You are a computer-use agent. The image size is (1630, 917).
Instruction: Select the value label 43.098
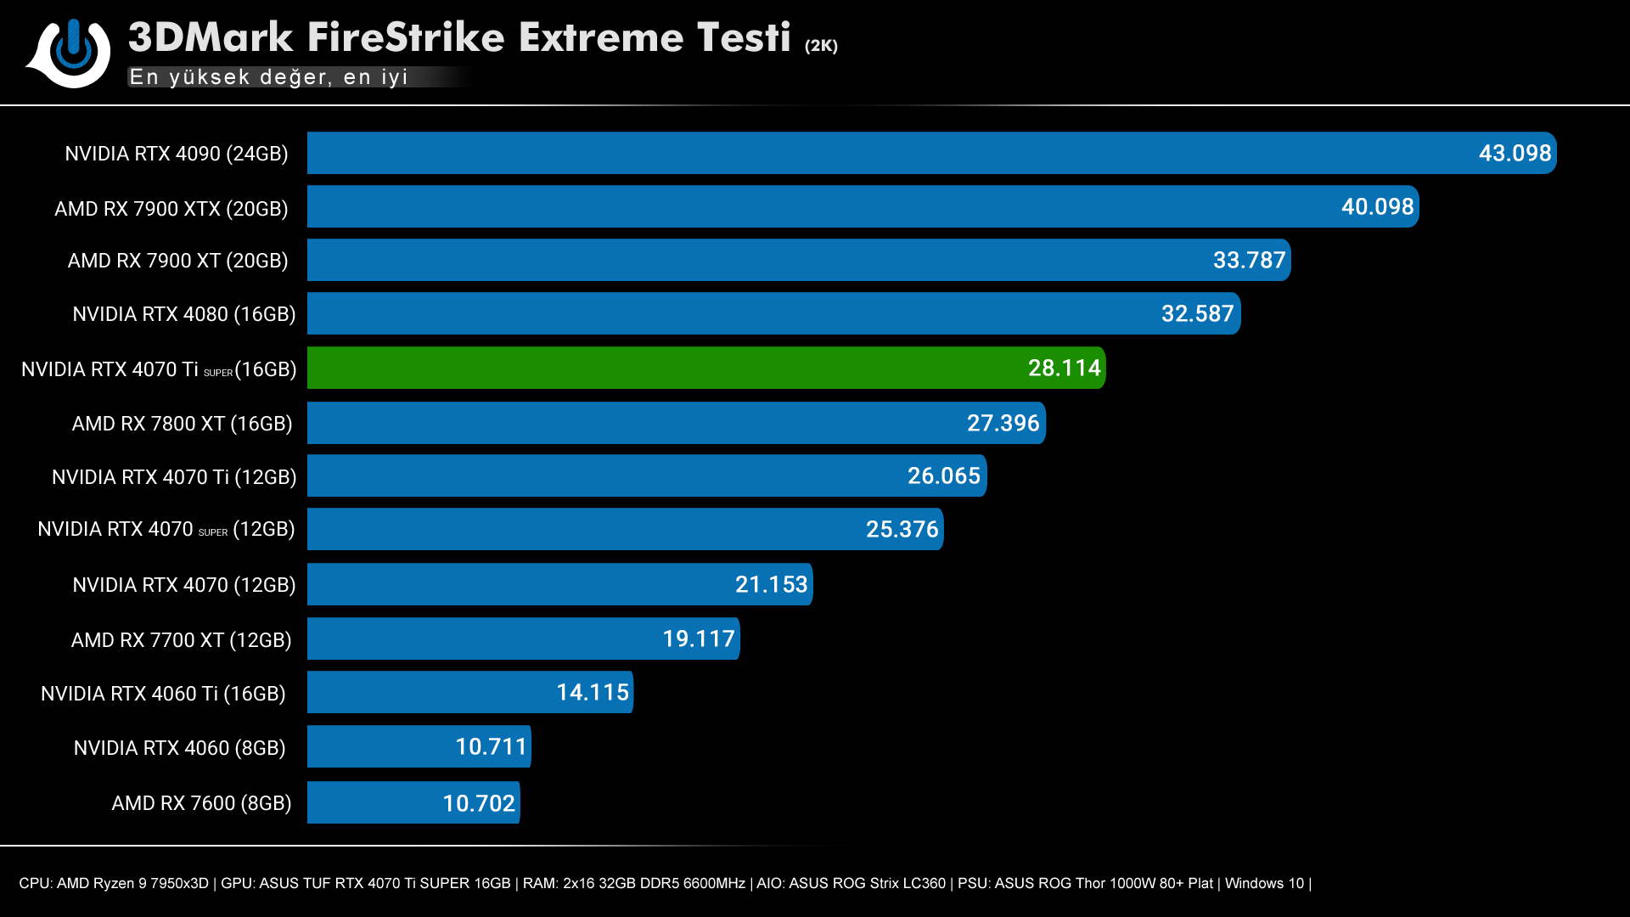1515,153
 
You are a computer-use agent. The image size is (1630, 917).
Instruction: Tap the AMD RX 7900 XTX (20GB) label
171,209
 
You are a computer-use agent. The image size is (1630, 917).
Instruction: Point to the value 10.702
479,803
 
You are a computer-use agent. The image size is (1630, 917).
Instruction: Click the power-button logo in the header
73,53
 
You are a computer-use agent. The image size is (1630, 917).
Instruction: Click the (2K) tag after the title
821,46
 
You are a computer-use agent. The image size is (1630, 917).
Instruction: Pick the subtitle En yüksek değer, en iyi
268,77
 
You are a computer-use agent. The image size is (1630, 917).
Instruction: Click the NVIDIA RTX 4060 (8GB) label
179,748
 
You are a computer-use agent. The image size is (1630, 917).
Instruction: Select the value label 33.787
1249,260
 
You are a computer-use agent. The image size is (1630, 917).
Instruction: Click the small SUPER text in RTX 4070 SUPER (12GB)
213,532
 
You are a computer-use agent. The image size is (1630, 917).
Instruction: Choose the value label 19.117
698,639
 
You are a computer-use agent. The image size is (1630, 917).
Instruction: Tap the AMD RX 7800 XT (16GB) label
182,424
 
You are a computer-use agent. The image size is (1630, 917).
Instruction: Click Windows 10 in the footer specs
1263,883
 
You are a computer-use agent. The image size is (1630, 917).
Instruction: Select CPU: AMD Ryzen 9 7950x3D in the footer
114,883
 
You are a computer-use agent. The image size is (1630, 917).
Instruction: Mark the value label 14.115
593,692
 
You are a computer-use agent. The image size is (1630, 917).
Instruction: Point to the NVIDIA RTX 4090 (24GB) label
177,154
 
